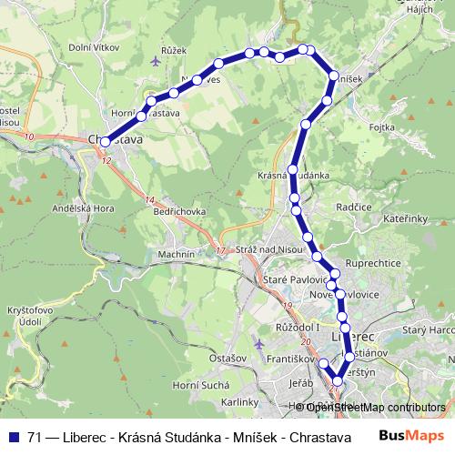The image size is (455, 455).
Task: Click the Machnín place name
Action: click(176, 253)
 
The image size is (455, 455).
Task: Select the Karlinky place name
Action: click(241, 401)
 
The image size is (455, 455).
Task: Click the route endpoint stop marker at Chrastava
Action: click(106, 141)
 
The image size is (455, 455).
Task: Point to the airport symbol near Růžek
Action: click(156, 62)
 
